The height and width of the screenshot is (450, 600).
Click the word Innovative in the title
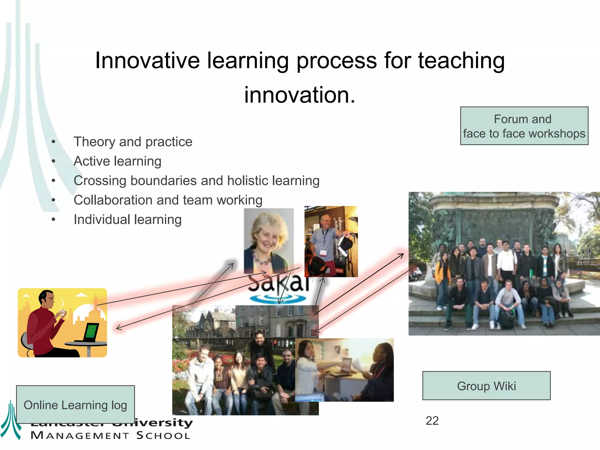coord(147,61)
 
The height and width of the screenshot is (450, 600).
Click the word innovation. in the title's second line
coord(300,95)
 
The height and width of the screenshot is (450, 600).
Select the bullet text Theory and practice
coord(133,142)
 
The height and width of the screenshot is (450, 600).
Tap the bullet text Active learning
coord(117,161)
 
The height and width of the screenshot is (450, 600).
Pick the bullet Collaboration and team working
coord(168,200)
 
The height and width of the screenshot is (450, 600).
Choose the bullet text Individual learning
coord(127,219)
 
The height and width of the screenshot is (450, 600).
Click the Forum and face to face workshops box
coord(524,126)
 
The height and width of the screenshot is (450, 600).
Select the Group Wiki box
coord(486,386)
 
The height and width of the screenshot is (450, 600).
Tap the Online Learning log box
coord(75,405)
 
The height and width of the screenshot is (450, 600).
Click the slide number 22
coord(432,421)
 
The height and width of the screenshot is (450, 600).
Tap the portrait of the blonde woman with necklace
coord(268,240)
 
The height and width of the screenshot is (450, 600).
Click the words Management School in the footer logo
coord(110,435)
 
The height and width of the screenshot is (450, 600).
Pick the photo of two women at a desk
coord(344,370)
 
